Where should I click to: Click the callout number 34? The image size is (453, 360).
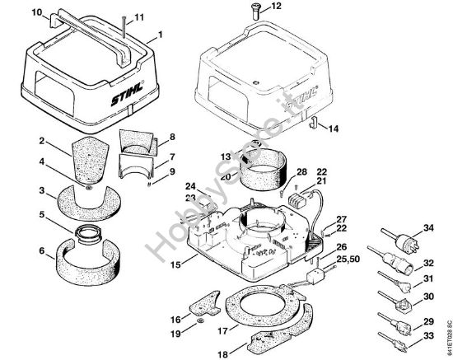(x=427, y=228)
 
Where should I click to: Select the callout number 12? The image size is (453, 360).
(x=275, y=7)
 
